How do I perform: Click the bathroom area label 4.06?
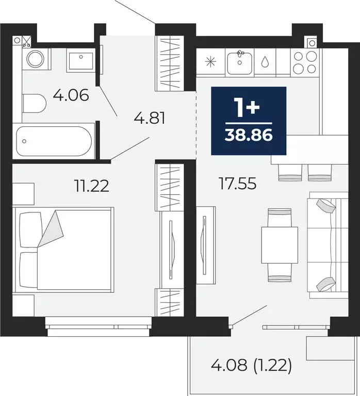coord(71,95)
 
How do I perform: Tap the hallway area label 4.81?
coord(149,119)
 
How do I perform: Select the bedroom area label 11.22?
coord(91,185)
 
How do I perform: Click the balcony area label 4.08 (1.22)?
coord(251,367)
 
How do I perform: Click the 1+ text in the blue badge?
coord(248,109)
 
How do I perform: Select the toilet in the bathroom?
coord(34,104)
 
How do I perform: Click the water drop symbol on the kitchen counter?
coord(265,62)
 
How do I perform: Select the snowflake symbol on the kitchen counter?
coord(211,62)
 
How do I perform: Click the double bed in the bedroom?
coord(64,249)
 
